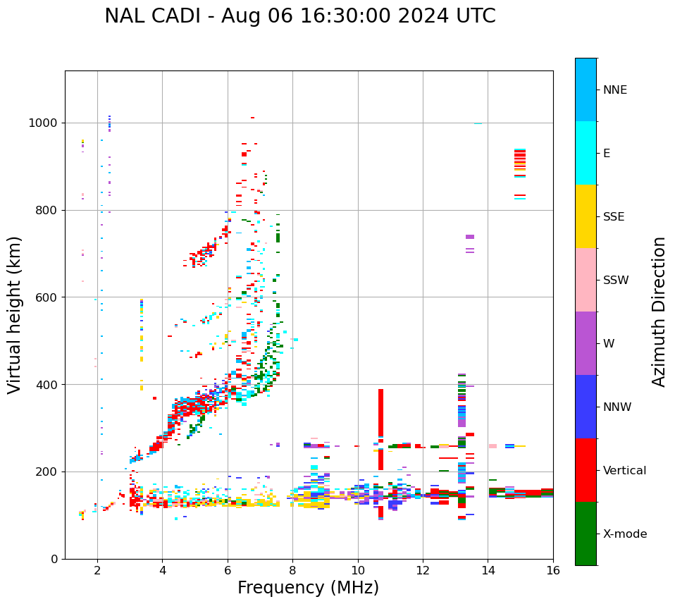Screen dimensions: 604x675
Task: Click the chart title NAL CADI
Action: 299,16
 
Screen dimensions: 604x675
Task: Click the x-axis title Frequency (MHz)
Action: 308,588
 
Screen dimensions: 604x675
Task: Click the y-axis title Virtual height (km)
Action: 15,314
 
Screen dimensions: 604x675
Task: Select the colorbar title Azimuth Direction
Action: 659,312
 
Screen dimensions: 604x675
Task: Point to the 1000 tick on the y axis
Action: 46,123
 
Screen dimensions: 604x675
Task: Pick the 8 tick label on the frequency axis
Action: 292,570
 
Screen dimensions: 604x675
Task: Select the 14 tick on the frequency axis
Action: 488,570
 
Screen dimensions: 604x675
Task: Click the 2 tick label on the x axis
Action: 97,570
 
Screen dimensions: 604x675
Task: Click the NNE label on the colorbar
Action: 614,90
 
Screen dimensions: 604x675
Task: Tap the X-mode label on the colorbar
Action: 624,534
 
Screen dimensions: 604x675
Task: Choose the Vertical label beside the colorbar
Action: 624,471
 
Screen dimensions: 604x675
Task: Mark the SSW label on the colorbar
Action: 616,281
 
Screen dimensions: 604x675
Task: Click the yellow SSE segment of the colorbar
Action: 586,216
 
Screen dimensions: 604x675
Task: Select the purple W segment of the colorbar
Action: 586,343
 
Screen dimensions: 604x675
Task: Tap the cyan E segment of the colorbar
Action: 586,153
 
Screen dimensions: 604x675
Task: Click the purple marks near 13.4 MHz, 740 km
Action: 470,238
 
